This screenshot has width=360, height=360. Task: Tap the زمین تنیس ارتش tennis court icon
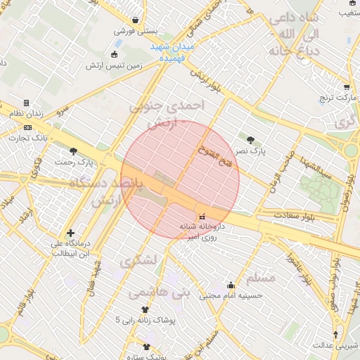tap(115, 55)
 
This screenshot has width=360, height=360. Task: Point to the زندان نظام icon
tap(26, 103)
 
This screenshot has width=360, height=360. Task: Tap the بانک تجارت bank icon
tap(27, 127)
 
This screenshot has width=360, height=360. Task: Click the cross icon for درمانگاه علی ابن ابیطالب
tap(70, 233)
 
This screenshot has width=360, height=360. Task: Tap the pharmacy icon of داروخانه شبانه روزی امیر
tap(202, 216)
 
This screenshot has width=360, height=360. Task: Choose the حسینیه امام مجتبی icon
tap(231, 285)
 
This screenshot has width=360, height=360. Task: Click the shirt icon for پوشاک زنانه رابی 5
tap(146, 309)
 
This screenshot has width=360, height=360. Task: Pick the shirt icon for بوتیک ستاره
tap(146, 347)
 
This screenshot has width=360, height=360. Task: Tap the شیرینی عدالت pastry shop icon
tap(335, 334)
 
